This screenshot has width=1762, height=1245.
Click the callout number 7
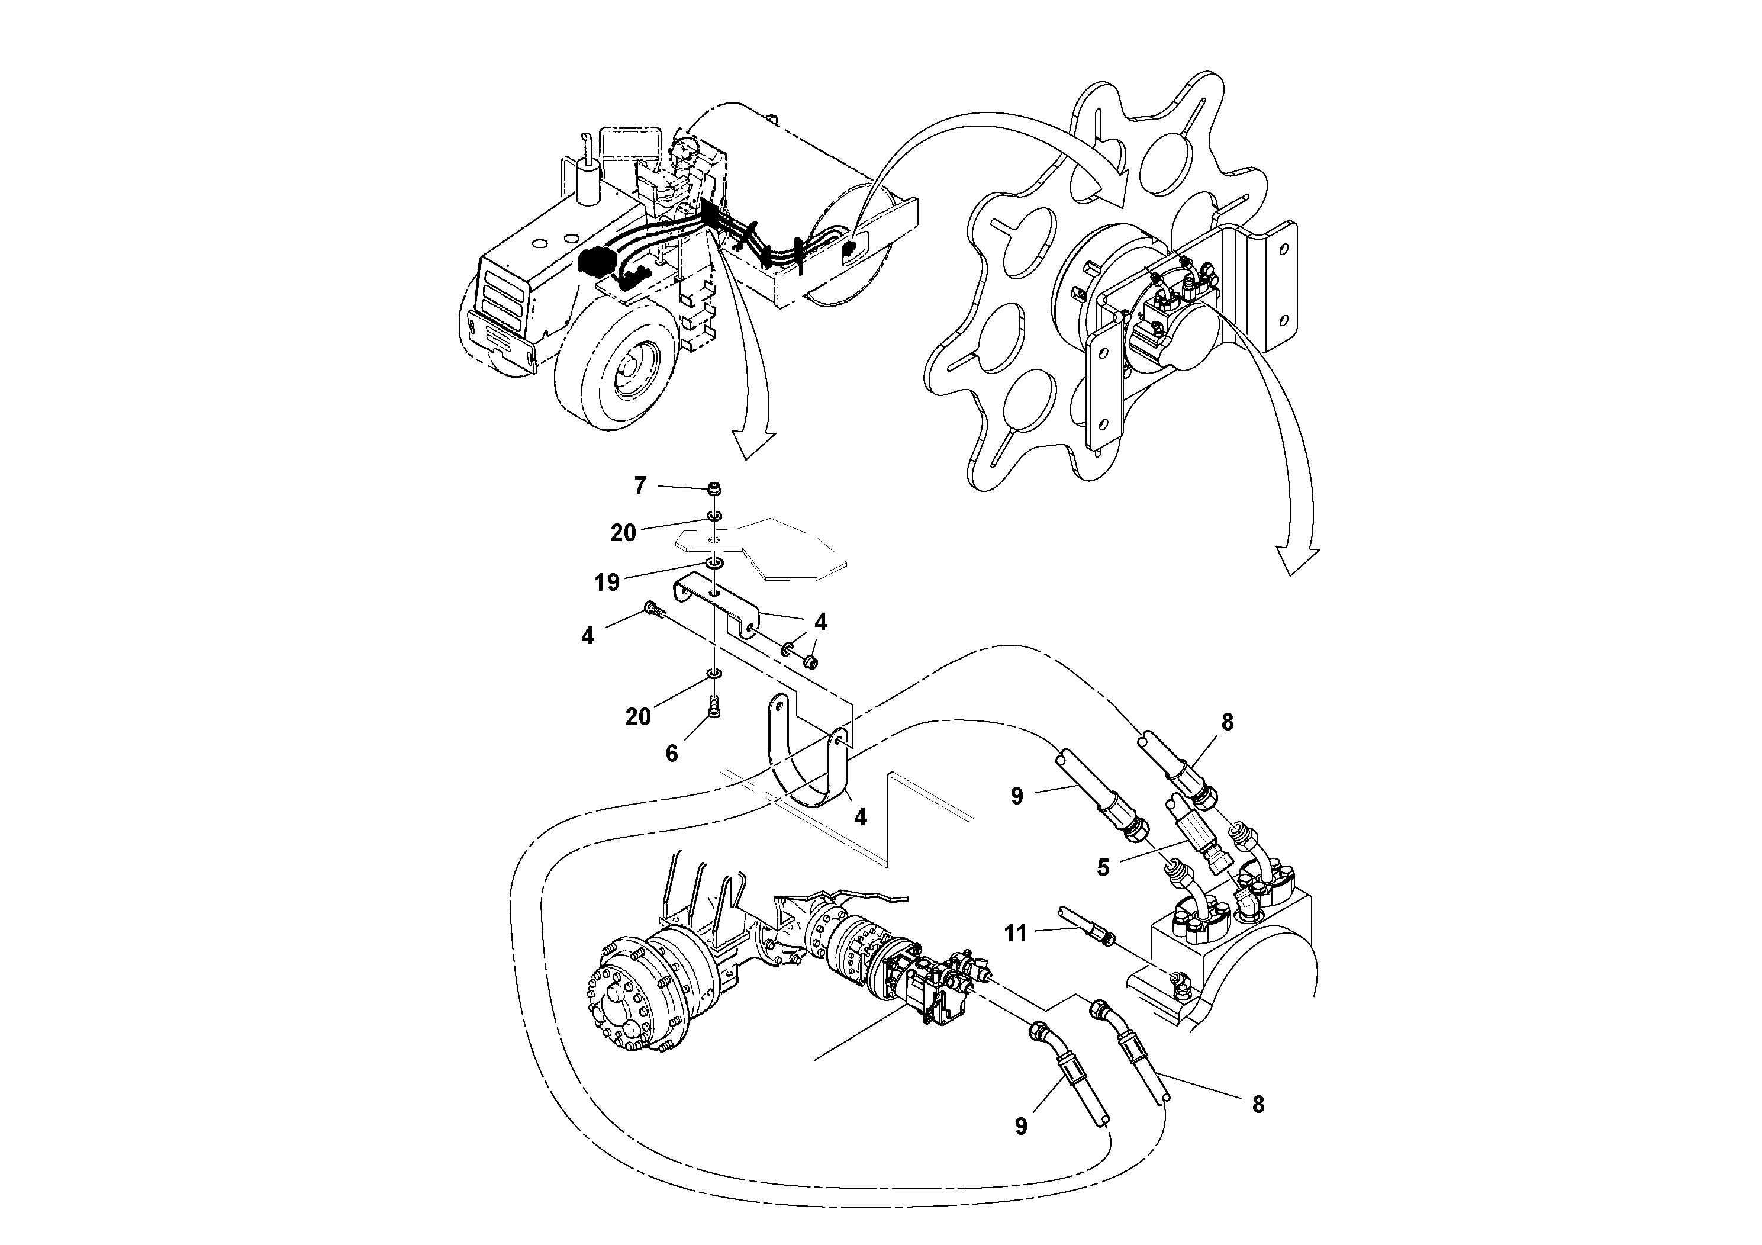pos(640,485)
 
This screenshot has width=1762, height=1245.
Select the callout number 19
pos(606,583)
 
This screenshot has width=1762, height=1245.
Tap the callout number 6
pos(672,754)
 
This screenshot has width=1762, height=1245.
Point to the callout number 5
pos(1103,868)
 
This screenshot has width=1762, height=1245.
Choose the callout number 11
pos(1015,934)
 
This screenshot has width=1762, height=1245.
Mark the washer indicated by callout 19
pos(714,565)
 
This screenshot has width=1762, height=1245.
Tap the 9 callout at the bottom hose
pos(1020,1126)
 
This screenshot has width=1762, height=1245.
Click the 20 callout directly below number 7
pos(623,533)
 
